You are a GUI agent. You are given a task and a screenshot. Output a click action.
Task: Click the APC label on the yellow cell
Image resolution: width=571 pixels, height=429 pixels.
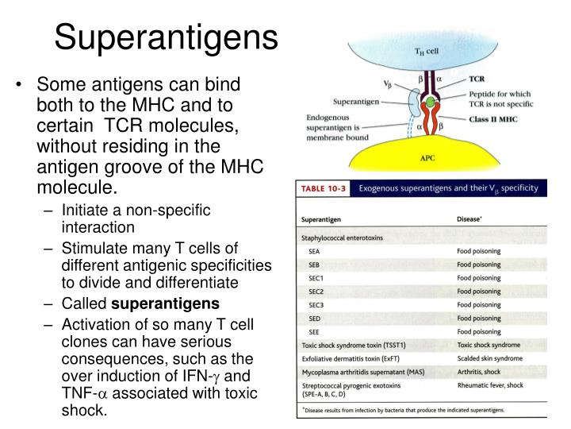427,157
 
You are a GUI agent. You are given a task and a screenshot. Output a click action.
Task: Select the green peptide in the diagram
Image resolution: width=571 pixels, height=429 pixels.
429,102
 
